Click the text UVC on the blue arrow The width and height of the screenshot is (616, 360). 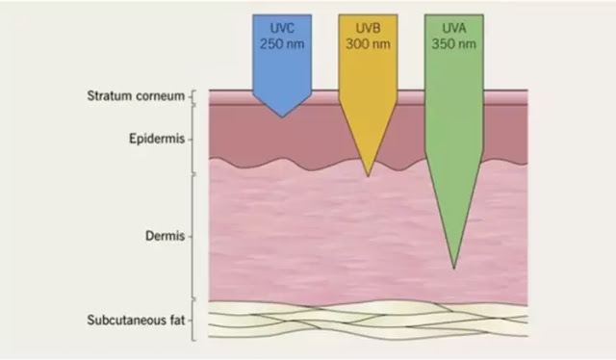click(282, 28)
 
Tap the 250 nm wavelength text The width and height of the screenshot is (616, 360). click(282, 43)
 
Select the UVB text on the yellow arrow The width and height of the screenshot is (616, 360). click(368, 28)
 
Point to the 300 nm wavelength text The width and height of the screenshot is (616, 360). click(368, 43)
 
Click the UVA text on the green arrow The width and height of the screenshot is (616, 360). click(454, 28)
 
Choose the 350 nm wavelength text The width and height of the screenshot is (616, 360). click(454, 43)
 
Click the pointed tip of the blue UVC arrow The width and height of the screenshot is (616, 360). click(282, 117)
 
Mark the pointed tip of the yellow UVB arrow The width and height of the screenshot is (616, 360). click(368, 176)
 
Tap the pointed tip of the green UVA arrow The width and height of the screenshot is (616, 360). click(454, 269)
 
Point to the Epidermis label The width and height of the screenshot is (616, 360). click(157, 139)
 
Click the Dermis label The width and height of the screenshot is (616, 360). click(165, 236)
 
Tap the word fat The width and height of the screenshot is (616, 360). click(177, 320)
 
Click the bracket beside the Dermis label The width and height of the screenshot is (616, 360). click(192, 237)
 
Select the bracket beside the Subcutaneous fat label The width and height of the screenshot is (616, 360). click(192, 321)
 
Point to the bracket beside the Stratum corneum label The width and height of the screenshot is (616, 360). click(192, 96)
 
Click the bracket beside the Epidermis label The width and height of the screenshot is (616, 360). click(192, 140)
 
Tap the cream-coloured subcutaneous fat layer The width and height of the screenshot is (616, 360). click(368, 321)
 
